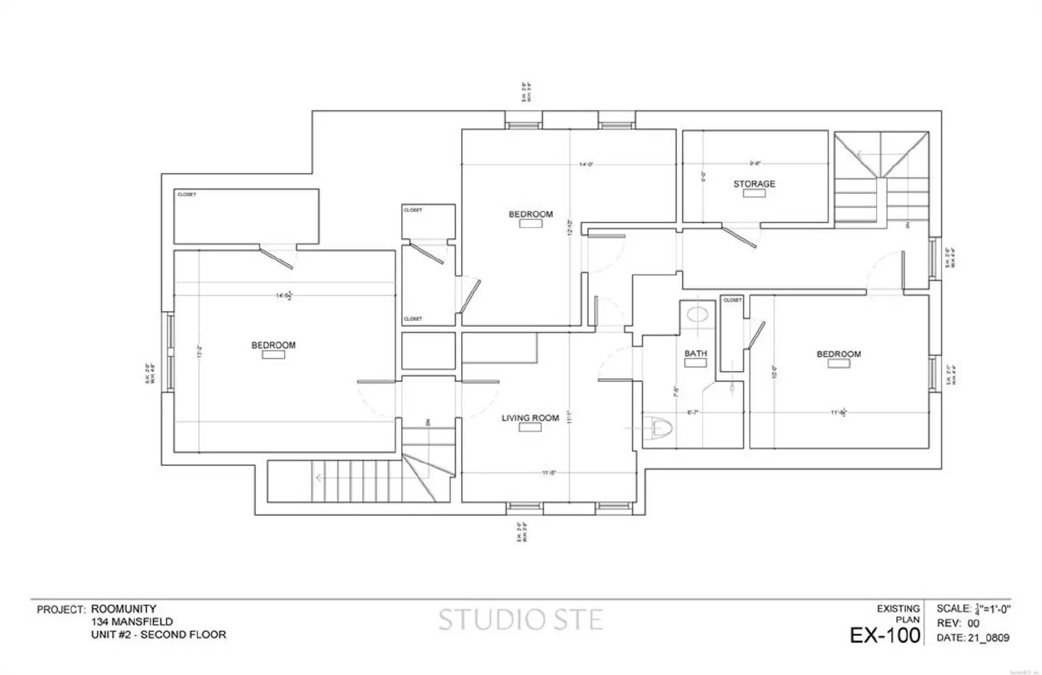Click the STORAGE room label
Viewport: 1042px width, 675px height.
(754, 184)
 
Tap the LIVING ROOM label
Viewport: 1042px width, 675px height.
(530, 418)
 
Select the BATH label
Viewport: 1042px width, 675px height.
(695, 353)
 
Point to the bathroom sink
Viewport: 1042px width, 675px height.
(697, 315)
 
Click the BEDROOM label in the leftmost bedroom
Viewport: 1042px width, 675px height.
(274, 345)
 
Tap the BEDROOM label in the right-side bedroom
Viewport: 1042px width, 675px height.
(839, 354)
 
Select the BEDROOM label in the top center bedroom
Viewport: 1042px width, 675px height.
(531, 214)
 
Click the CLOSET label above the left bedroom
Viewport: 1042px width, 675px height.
(187, 195)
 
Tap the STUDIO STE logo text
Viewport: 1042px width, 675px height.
(520, 620)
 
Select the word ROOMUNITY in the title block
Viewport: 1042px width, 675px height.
(124, 609)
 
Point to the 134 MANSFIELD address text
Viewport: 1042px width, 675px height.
(132, 622)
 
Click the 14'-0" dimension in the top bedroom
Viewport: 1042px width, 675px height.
(585, 165)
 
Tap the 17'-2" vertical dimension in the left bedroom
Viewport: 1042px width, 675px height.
(201, 352)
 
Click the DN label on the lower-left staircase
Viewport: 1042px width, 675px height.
(428, 422)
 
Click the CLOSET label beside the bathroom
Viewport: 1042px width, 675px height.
(732, 300)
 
